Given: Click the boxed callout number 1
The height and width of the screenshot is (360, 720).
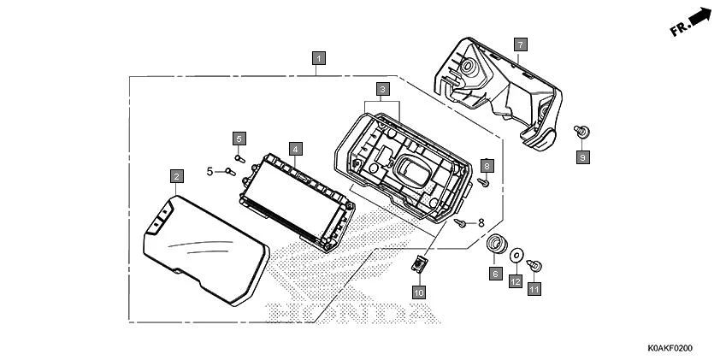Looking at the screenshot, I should pyautogui.click(x=318, y=59).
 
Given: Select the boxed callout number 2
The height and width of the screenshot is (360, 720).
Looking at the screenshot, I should pyautogui.click(x=176, y=177).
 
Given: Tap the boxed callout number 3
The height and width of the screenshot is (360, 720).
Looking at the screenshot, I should pyautogui.click(x=383, y=88).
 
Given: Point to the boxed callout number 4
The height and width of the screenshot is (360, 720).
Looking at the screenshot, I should pyautogui.click(x=294, y=149).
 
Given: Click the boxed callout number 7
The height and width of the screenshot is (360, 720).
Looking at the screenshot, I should pyautogui.click(x=520, y=43).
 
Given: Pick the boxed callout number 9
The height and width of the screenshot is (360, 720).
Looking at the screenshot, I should pyautogui.click(x=582, y=157).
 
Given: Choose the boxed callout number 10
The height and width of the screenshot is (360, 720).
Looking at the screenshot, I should pyautogui.click(x=419, y=292).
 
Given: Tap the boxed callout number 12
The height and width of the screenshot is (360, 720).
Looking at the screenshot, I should pyautogui.click(x=516, y=280).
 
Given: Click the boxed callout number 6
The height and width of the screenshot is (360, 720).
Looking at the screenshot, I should pyautogui.click(x=495, y=274).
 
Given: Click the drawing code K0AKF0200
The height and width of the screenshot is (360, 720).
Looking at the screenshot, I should pyautogui.click(x=670, y=349).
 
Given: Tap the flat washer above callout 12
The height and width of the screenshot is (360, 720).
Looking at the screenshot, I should pyautogui.click(x=516, y=255).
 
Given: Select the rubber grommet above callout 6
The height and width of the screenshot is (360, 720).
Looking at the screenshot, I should pyautogui.click(x=495, y=245).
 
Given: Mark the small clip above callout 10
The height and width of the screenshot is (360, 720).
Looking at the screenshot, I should pyautogui.click(x=419, y=263).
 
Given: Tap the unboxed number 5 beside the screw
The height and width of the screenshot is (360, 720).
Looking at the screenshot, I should pyautogui.click(x=210, y=171).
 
